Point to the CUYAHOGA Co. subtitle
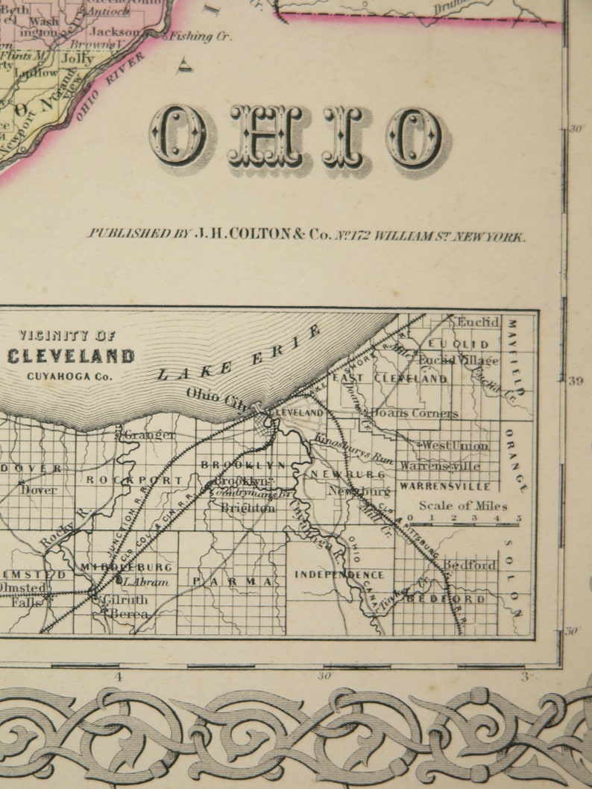click(69, 376)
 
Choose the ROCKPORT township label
click(133, 480)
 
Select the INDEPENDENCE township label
click(339, 574)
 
